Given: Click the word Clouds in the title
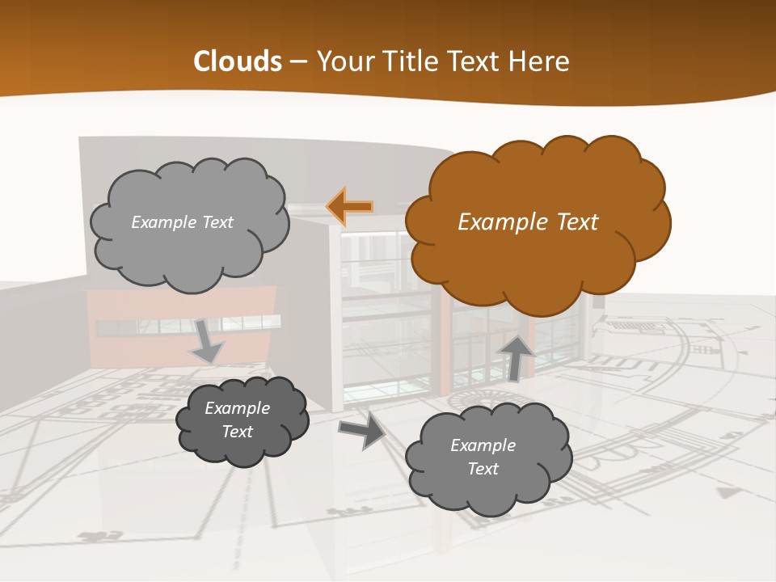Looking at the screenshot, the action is coord(238,61).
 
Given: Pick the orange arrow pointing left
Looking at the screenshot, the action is coord(350,207).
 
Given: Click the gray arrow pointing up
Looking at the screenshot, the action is coord(517,356).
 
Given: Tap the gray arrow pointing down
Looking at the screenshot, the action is coord(206,340).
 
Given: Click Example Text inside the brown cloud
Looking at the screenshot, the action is coord(528,222).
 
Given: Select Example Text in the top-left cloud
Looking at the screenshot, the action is coord(182,222).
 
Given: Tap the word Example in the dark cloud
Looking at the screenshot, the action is coord(238,408).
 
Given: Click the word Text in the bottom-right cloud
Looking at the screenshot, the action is coord(483,469).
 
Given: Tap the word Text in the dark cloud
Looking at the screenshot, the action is coord(238,432).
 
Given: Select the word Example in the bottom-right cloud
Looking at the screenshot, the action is coord(483,445).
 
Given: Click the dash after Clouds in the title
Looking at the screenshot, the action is coord(299,61).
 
